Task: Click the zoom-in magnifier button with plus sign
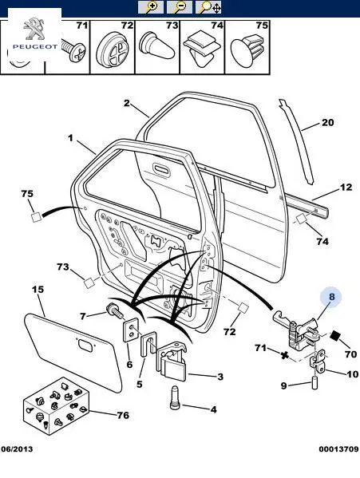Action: click(151, 7)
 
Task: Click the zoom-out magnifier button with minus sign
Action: click(180, 7)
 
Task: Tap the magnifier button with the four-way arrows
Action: click(208, 7)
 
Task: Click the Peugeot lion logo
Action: click(35, 30)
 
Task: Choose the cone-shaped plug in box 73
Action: click(156, 45)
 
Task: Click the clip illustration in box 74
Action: click(202, 48)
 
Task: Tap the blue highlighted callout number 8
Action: click(331, 297)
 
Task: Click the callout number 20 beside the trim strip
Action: click(328, 123)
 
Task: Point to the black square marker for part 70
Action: click(335, 336)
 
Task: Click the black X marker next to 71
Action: click(285, 355)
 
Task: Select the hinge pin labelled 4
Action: click(175, 398)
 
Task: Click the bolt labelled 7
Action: click(115, 311)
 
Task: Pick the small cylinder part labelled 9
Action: click(314, 383)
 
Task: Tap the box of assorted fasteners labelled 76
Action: click(56, 405)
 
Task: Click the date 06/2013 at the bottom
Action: click(17, 449)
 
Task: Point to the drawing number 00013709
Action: click(338, 449)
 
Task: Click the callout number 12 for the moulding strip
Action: click(346, 187)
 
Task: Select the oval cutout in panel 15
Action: click(86, 346)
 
